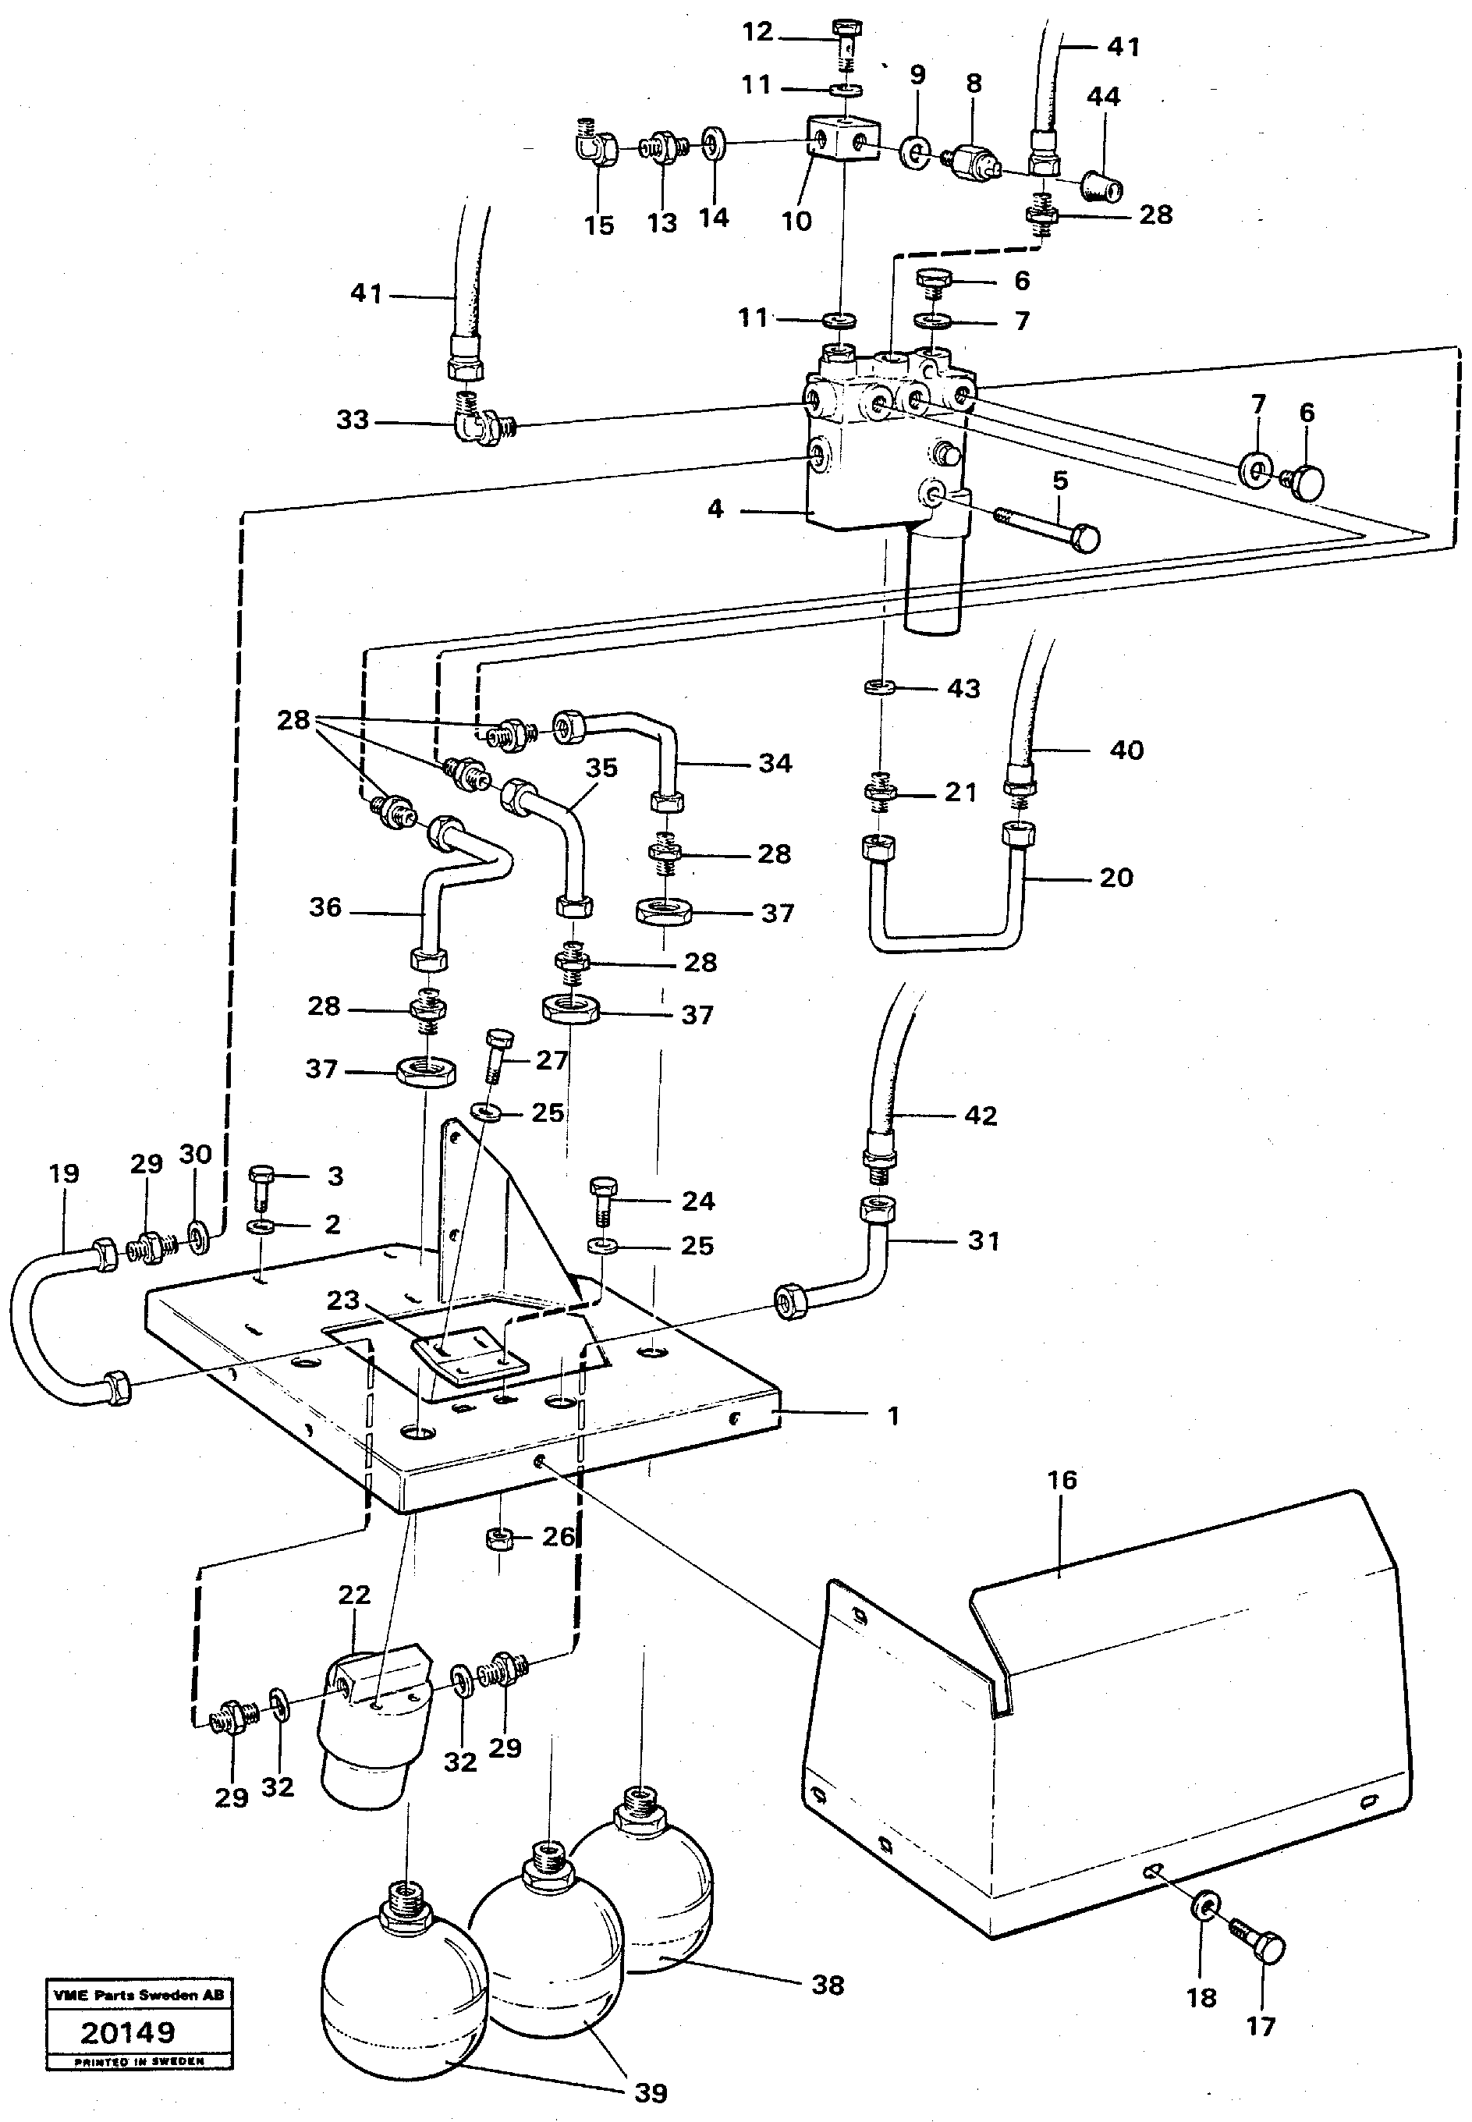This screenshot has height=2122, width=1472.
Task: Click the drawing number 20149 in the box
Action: click(x=127, y=2032)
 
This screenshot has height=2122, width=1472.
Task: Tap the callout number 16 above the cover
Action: click(x=1062, y=1480)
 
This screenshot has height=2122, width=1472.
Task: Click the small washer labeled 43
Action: click(x=881, y=687)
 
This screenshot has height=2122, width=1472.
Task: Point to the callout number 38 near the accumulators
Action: click(x=828, y=1985)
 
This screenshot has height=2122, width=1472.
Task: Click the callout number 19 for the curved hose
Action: click(x=64, y=1173)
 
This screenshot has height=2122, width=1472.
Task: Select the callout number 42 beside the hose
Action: click(x=981, y=1115)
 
